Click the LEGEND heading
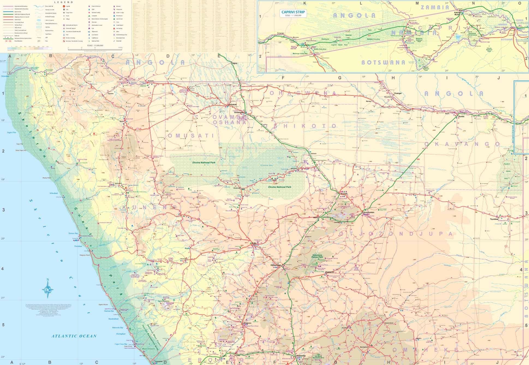click(65, 2)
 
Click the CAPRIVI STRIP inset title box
click(293, 13)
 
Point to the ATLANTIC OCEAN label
click(74, 336)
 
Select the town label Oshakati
click(232, 105)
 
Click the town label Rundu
click(461, 116)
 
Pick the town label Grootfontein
click(369, 212)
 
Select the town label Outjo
click(254, 243)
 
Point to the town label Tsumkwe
click(494, 219)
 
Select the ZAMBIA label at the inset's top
click(435, 7)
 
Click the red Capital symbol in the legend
click(64, 6)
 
